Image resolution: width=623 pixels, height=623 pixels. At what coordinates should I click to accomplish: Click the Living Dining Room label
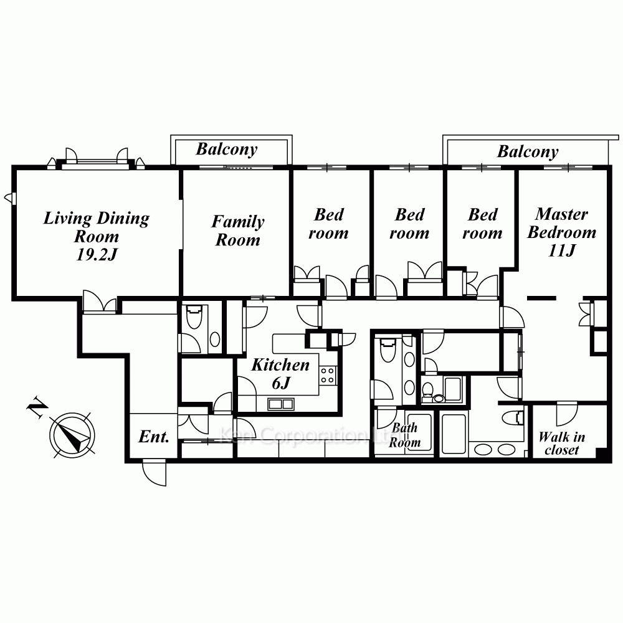(96, 227)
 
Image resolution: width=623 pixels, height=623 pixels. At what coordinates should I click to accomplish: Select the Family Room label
(237, 231)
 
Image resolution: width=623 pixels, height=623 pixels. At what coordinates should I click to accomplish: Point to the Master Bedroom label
(561, 223)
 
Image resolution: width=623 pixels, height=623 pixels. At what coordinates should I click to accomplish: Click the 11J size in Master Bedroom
(561, 250)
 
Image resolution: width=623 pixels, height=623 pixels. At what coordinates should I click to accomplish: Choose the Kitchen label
(280, 365)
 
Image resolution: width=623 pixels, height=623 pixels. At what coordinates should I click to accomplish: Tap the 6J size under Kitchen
(281, 383)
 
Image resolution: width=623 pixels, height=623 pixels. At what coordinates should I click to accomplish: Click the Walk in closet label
(561, 443)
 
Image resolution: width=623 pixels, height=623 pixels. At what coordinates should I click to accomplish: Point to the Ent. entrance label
(154, 437)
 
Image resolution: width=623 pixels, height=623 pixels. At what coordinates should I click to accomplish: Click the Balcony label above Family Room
(227, 150)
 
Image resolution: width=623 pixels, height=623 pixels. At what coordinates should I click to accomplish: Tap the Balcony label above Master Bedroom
(528, 151)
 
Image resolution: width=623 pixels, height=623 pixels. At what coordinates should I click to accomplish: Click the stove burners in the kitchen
(328, 375)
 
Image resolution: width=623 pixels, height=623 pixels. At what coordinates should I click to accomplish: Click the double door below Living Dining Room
(100, 302)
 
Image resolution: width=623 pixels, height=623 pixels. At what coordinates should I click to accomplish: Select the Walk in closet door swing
(567, 413)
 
